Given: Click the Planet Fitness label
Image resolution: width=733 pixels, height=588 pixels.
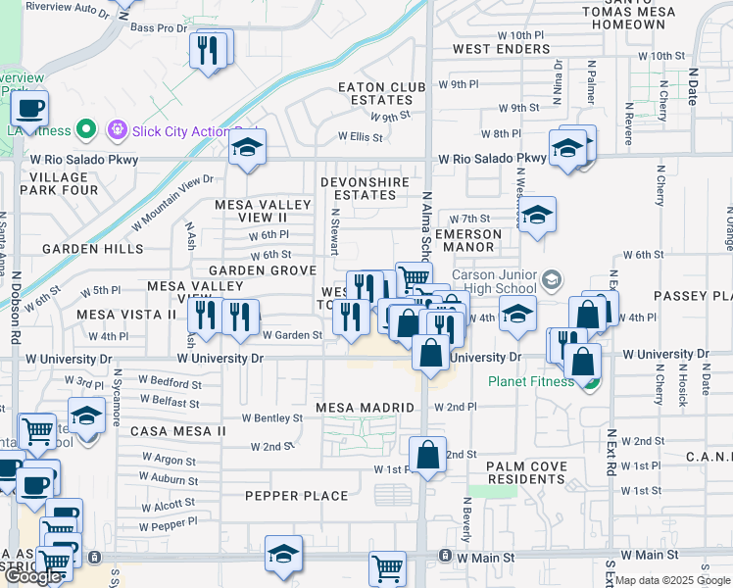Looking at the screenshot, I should pos(532,381).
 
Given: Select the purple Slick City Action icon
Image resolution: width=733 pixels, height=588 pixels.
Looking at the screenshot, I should pos(119,128).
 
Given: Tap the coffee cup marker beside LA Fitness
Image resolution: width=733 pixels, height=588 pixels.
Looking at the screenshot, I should pos(29,108).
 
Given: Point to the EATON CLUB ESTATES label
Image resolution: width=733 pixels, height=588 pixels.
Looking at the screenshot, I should pos(381,93).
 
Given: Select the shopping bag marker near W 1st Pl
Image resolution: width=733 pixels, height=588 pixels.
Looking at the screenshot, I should pos(428,456).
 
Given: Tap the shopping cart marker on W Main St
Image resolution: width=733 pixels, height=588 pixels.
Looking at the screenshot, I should pos(388,567).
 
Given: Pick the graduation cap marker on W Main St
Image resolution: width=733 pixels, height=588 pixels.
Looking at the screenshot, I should pos(283,555).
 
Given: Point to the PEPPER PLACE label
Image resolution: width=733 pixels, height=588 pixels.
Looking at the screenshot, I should pos(297,496).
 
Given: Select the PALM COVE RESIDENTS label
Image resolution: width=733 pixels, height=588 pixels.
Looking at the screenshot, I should pos(513,472).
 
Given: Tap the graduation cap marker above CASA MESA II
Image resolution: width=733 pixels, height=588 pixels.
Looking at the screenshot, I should pos(86,416).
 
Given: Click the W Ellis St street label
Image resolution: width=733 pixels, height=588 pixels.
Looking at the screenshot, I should pos(360,137).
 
